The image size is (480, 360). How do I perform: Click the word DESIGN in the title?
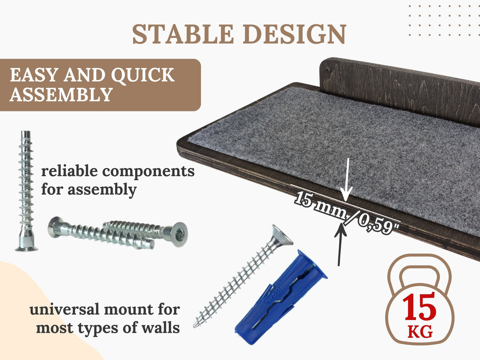click(x=296, y=34)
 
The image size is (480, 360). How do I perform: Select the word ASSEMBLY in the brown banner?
click(x=60, y=95)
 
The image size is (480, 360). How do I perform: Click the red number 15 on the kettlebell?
click(x=420, y=307)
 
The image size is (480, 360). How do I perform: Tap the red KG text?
click(x=420, y=332)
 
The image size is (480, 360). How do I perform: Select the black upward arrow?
click(x=340, y=245)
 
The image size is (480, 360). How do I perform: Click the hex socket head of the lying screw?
click(x=179, y=234)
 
